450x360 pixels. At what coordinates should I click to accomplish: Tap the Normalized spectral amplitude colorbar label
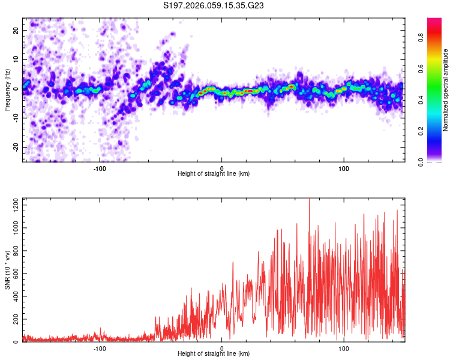tap(446, 90)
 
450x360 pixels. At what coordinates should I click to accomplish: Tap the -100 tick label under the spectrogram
tap(100, 168)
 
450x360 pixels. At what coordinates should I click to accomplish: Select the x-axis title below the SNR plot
tap(214, 354)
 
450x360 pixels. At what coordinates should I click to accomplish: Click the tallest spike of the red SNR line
tap(309, 200)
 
